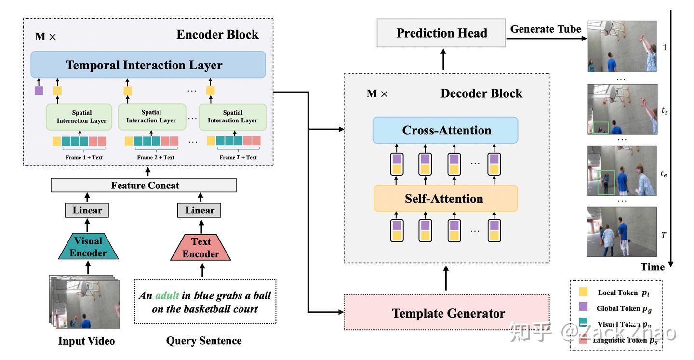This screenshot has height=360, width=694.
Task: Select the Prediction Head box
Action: coord(441,33)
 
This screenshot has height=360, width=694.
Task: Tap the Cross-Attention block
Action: coord(445,130)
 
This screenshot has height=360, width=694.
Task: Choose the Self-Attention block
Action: coord(445,198)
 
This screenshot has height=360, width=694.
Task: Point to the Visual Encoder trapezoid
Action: coord(88,247)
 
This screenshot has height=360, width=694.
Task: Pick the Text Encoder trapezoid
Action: coord(200,247)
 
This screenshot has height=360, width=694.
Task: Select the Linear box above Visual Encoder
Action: coord(87,210)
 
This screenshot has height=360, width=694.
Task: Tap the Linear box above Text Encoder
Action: coord(199,210)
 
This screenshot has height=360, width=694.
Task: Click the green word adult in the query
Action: coord(167,295)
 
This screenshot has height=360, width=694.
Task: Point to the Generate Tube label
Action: coord(546,29)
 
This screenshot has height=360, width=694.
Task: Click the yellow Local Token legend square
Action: coord(583,292)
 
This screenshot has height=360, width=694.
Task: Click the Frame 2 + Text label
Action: coord(155,157)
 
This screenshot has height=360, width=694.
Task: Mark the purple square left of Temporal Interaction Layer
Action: coord(39,90)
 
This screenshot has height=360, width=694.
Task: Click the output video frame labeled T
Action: coord(621,232)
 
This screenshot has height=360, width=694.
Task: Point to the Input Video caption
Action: coord(86,341)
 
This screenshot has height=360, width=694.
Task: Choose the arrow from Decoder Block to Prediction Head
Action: coord(443,60)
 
